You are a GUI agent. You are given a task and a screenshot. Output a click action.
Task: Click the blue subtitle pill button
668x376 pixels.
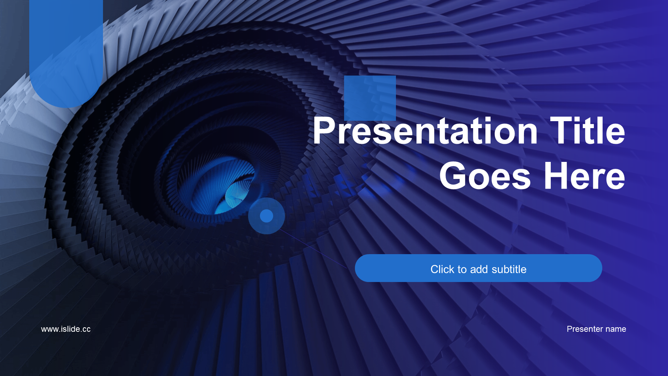pyautogui.click(x=478, y=268)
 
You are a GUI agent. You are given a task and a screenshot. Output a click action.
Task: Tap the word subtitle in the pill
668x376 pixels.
pyautogui.click(x=509, y=269)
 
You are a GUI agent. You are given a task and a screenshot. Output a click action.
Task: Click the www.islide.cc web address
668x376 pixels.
pyautogui.click(x=66, y=329)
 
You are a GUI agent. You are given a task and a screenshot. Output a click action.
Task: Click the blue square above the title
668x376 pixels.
pyautogui.click(x=370, y=98)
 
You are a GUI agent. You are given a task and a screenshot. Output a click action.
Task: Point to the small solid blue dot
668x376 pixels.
pyautogui.click(x=267, y=216)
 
